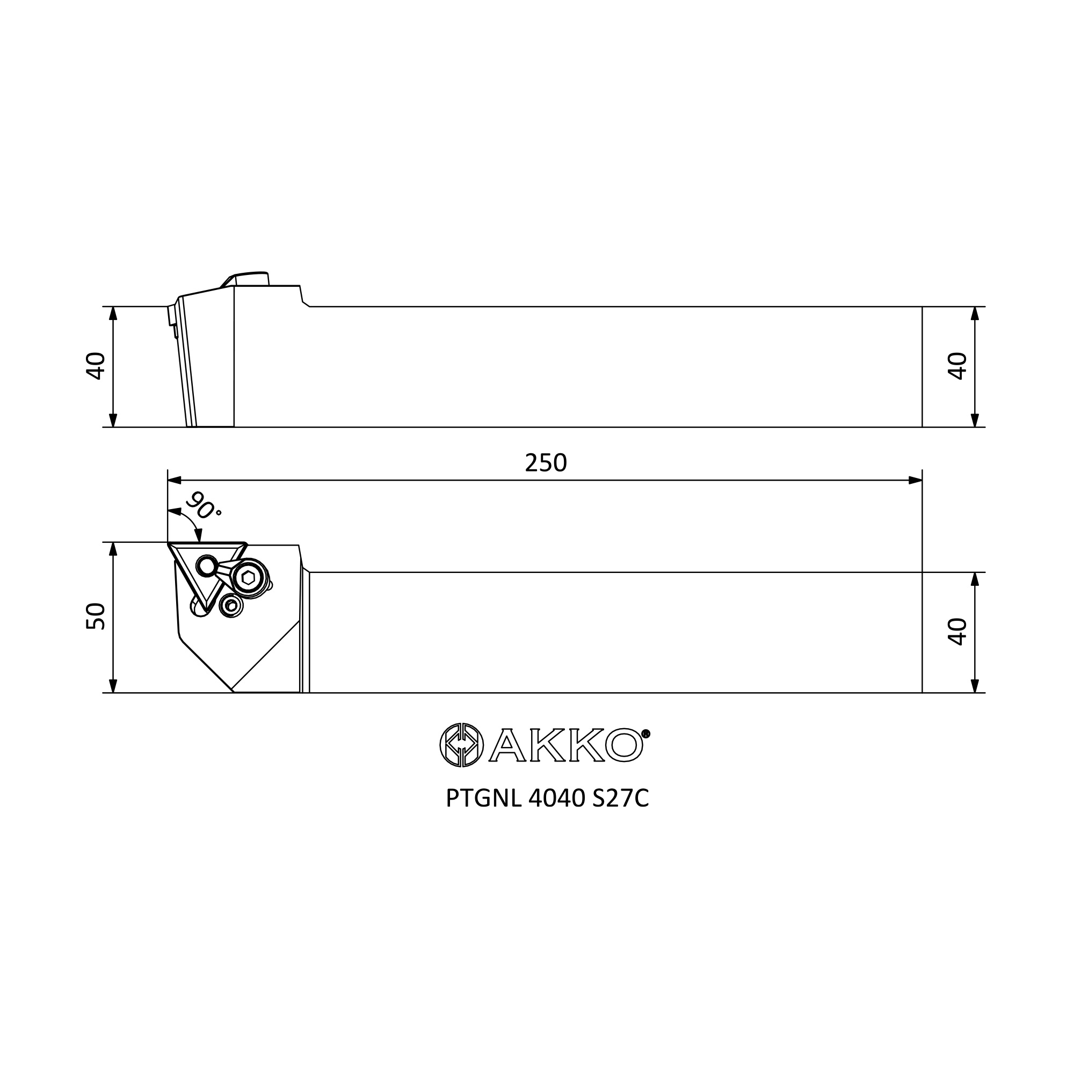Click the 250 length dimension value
pos(546,463)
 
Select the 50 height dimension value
pos(96,616)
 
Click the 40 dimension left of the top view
pos(96,366)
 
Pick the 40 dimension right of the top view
pos(957,366)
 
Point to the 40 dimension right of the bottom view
pos(957,632)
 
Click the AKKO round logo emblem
pos(461,745)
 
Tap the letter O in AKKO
pos(625,745)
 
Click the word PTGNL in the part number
pos(484,799)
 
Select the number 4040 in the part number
pos(556,799)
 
